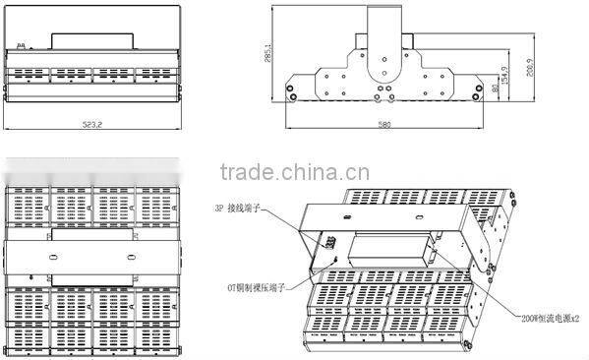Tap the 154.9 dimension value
click(x=504, y=75)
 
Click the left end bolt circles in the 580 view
click(x=291, y=93)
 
